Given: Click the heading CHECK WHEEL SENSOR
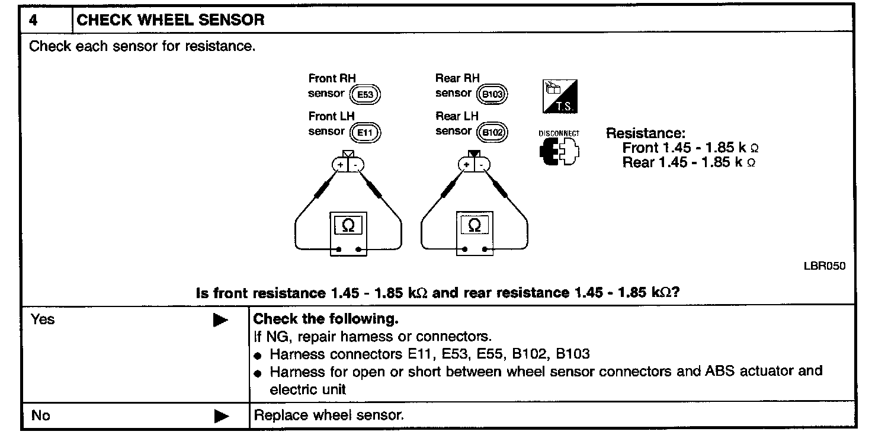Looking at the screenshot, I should click(171, 20).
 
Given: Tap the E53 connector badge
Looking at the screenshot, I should click(365, 94).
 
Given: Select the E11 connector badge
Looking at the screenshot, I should click(365, 132).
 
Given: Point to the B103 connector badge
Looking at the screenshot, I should click(493, 94).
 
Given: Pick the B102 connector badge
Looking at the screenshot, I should click(493, 132).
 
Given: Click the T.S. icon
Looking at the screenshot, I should click(560, 97).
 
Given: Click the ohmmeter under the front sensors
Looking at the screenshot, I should click(348, 233).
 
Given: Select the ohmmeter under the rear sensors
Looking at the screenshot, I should click(475, 233).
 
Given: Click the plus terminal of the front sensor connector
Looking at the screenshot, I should click(340, 164).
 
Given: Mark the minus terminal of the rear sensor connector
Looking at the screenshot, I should click(482, 164).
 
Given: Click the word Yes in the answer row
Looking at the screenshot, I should click(42, 320).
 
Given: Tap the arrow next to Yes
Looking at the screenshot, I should click(220, 321).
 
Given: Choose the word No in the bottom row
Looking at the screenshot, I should click(40, 416).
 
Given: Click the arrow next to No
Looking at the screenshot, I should click(220, 416).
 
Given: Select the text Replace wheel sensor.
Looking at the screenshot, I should click(329, 415).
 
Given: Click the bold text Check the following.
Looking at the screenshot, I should click(326, 319).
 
